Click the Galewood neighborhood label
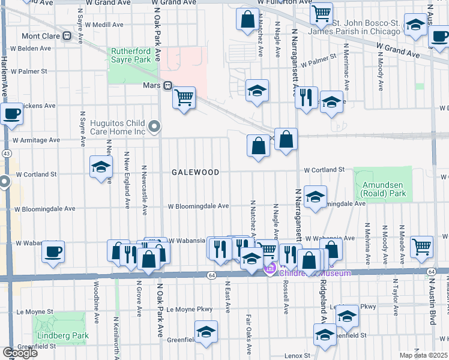(x=195, y=172)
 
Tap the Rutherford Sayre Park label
(x=130, y=56)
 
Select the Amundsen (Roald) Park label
(x=382, y=189)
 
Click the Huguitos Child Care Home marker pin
(x=155, y=127)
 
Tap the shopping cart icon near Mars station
(x=184, y=97)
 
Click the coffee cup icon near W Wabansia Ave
(x=53, y=250)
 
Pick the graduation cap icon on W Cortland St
(x=101, y=166)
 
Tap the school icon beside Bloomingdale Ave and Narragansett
(x=315, y=197)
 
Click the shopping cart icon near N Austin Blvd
(x=423, y=245)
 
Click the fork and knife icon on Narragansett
(x=306, y=97)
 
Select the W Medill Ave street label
(x=104, y=25)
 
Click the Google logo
(x=20, y=353)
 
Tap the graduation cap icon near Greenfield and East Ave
(x=206, y=331)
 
